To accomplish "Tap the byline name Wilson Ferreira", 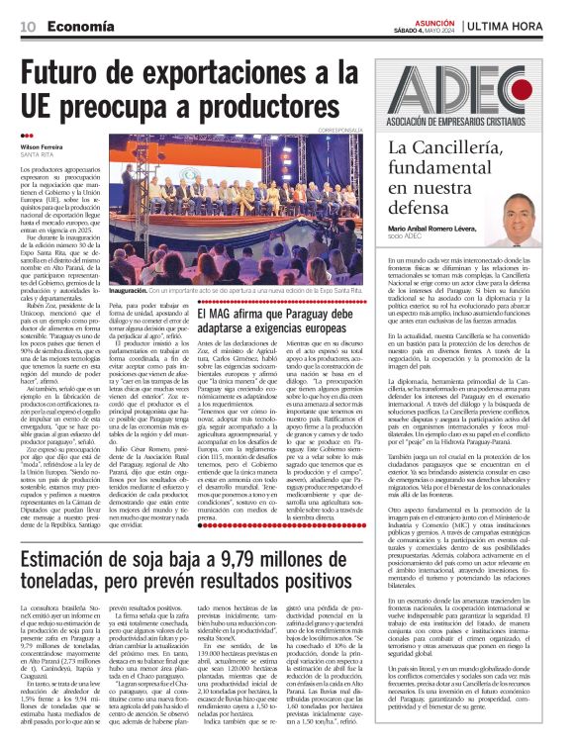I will (46, 145).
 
